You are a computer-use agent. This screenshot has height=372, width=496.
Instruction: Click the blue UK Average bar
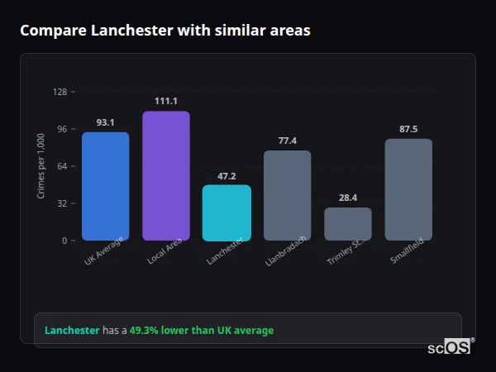[105, 186]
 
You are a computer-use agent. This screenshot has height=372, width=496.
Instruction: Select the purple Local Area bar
[166, 176]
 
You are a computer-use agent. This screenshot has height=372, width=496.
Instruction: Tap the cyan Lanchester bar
[227, 212]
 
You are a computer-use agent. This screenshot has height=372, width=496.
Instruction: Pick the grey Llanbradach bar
[287, 195]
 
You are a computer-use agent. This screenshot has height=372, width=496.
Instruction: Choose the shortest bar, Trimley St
[347, 224]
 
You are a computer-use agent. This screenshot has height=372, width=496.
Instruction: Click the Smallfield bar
[408, 189]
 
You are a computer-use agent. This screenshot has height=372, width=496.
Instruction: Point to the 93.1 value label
[105, 122]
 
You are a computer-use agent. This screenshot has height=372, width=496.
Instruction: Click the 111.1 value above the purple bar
[166, 101]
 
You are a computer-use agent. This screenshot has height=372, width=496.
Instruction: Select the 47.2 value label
[227, 175]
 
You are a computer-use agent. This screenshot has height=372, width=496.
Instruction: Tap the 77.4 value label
[287, 141]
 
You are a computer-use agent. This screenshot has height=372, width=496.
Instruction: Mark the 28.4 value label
[347, 198]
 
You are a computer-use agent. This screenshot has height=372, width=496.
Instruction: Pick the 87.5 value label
[408, 129]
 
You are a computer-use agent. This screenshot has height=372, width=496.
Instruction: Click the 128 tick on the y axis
[60, 92]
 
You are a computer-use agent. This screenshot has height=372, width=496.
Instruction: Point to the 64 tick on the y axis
[62, 166]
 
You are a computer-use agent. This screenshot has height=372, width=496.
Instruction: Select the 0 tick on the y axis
[64, 241]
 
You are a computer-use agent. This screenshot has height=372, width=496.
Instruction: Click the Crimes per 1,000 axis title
[41, 166]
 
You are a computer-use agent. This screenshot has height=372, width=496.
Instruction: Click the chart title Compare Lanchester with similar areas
[165, 31]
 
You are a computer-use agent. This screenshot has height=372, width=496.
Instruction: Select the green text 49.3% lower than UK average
[201, 331]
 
